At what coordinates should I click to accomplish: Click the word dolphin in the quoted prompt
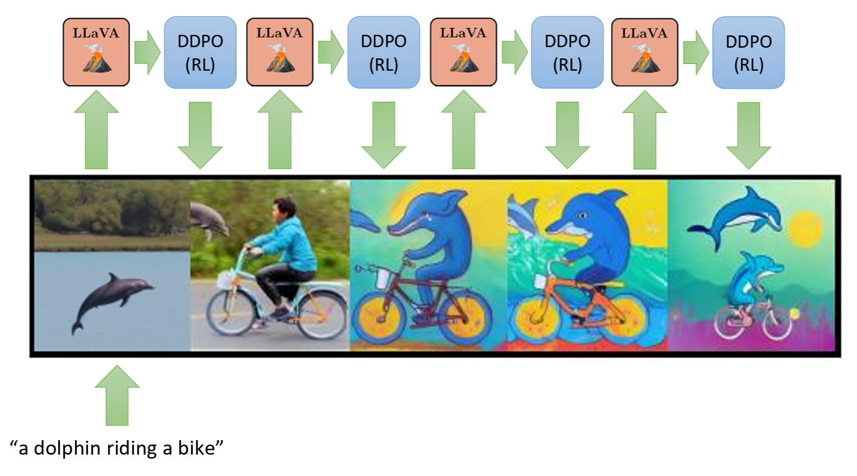67,448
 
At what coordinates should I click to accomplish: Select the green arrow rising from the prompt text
117,395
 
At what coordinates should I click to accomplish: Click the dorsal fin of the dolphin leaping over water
113,278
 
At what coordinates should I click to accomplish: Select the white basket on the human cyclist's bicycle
225,279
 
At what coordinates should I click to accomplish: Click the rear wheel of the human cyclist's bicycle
322,314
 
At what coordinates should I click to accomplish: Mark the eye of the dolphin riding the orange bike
582,216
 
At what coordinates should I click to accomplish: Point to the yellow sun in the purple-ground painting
805,228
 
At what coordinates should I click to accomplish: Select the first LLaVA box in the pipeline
96,52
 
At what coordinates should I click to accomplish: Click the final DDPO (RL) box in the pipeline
748,52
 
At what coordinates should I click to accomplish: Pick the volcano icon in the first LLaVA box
98,58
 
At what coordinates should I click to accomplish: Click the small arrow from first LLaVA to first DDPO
148,52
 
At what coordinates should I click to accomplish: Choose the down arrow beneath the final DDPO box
748,135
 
